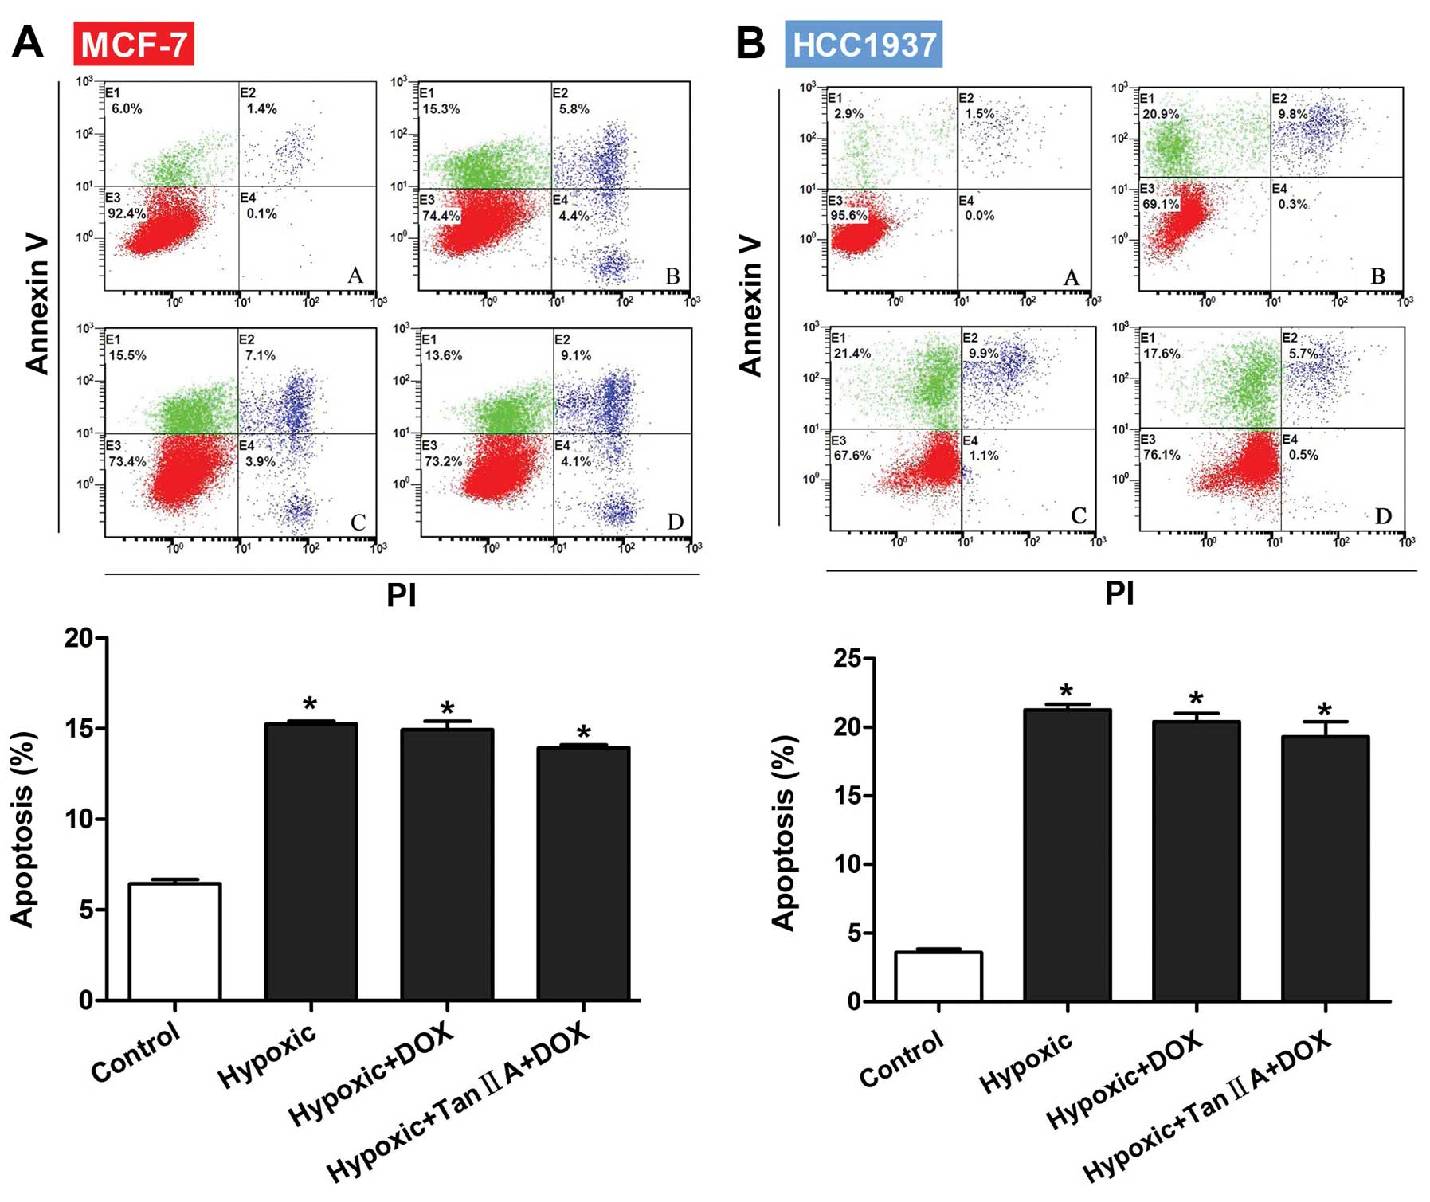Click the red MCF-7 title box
pos(133,43)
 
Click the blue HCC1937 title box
pos(864,44)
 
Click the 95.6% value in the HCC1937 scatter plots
pos(849,216)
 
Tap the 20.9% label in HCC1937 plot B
pos(1161,114)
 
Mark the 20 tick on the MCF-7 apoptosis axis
pos(79,638)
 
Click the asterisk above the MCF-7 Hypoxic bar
pos(310,704)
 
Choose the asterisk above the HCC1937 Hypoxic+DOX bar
pos(1196,699)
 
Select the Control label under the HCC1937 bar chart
pos(901,1059)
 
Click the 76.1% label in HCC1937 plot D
pos(1161,455)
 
